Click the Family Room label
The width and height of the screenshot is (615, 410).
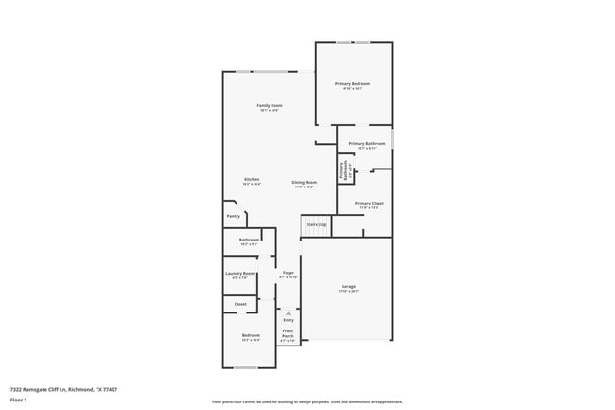[270, 105]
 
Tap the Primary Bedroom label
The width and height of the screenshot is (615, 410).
[352, 84]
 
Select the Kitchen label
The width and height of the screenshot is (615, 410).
[251, 180]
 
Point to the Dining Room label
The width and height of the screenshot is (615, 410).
[303, 181]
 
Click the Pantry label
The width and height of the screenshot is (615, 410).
[234, 216]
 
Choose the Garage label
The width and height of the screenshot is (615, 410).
[348, 286]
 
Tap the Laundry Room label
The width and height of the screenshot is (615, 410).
[240, 274]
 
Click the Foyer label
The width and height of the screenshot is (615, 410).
[289, 273]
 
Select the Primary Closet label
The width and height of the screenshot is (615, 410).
[368, 203]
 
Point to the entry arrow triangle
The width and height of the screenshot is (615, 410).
[289, 312]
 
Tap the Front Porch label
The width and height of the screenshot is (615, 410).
[288, 333]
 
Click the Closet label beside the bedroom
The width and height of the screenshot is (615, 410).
[240, 304]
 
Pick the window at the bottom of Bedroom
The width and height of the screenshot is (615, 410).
[245, 367]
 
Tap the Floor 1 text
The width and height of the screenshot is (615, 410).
[19, 400]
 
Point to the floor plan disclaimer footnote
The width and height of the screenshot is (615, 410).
[307, 401]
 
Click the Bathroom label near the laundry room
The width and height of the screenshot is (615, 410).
[249, 240]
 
